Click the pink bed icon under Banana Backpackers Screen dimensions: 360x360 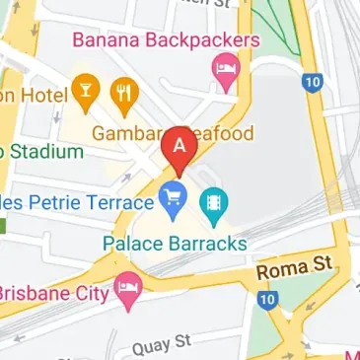227,71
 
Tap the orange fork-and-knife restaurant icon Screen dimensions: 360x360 123,95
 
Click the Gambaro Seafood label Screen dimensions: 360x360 174,132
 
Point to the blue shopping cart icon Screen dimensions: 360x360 174,198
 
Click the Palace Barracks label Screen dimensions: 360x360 175,241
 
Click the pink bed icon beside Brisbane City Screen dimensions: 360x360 129,289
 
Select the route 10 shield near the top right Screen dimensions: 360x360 314,83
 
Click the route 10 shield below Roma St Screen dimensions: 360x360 266,298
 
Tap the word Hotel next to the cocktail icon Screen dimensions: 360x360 35,96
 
